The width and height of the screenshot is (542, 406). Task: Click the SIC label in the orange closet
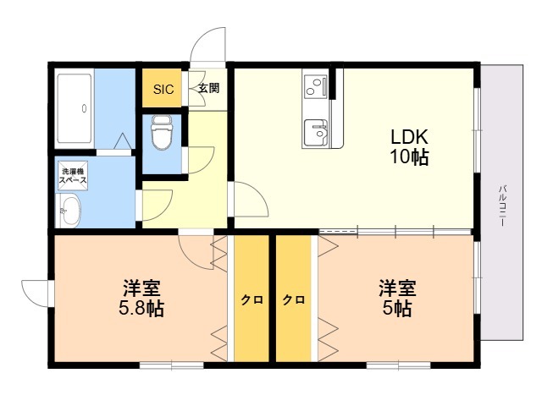coord(163,90)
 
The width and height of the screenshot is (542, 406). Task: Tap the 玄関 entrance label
coord(209,88)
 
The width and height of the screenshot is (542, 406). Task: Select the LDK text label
coord(410,137)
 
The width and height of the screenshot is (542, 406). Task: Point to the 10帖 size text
coord(410,157)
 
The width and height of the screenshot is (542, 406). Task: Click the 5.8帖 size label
coord(141,308)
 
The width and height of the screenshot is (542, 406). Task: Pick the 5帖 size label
coord(397,308)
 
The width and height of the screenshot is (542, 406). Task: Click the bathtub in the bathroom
coord(75,108)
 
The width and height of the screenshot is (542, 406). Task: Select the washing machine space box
coord(73,176)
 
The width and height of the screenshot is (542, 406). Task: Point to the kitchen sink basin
coord(316,133)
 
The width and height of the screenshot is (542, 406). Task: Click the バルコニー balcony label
coord(502,206)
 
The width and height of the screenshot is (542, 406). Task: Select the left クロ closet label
coord(252,299)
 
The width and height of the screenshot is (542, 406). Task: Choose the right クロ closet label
coord(294,299)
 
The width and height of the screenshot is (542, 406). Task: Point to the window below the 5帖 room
coord(399,365)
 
